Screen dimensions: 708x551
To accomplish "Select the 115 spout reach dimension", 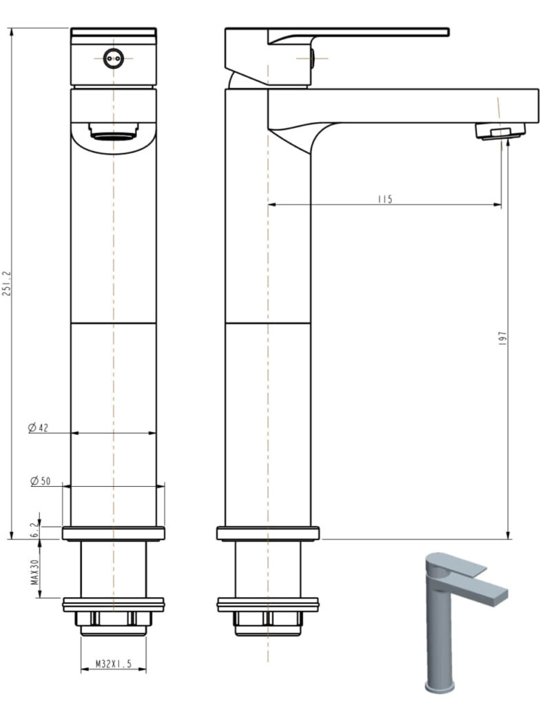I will pos(384,199).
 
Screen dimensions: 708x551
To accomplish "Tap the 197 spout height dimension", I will pos(503,337).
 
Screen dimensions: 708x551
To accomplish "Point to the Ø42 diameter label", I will pos(39,428).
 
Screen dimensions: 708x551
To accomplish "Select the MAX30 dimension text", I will pos(33,571).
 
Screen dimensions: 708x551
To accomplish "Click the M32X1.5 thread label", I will pos(113,665).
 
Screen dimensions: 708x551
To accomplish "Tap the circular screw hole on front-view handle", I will pos(113,59).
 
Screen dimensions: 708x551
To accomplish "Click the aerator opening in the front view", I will pos(113,134).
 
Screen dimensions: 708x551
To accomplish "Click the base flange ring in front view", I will pos(113,533).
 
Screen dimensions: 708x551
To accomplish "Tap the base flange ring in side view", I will pos(268,533).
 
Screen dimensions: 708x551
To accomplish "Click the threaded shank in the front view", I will pos(113,569).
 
